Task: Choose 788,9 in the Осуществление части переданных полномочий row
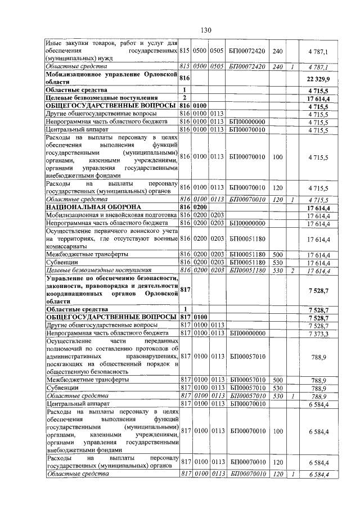(318, 357)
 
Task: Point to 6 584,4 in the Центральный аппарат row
(318, 404)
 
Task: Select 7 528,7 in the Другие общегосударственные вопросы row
(318, 326)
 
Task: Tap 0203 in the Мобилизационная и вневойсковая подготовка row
(217, 215)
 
